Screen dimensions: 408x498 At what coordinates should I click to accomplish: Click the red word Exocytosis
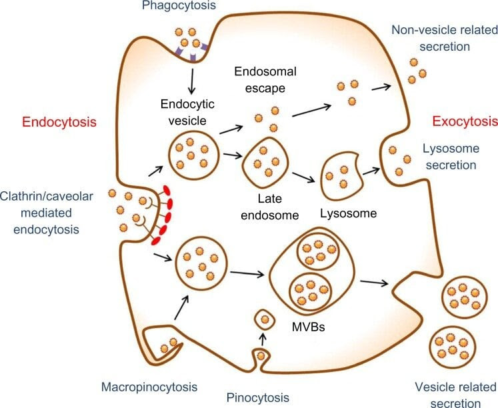[x=465, y=122]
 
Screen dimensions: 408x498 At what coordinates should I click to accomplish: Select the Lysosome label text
[x=349, y=214]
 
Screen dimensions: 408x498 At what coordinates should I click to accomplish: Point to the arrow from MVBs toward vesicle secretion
[x=374, y=283]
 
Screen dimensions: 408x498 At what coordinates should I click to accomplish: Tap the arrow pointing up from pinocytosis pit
[x=262, y=340]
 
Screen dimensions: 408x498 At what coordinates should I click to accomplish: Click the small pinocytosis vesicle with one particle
[x=265, y=320]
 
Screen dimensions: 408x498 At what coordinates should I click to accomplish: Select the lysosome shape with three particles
[x=343, y=175]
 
